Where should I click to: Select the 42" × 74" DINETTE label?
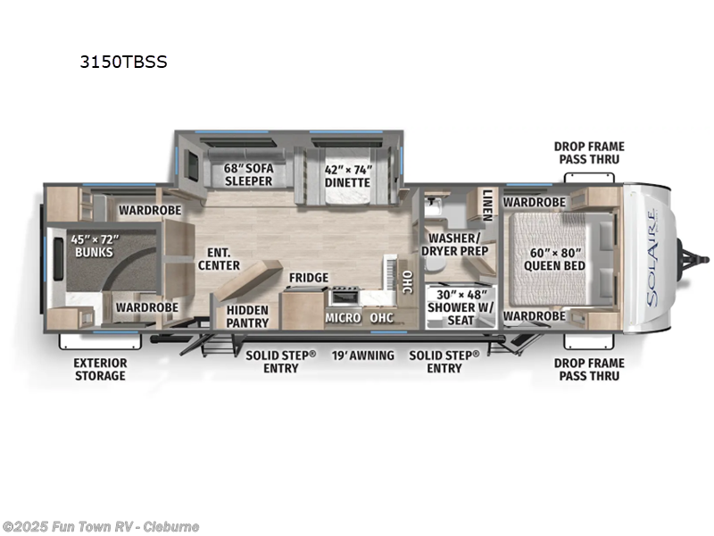tap(346, 174)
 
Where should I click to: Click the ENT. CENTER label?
tap(219, 258)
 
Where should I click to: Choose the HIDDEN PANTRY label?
tap(247, 316)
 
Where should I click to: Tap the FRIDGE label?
tap(308, 278)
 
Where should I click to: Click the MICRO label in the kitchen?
tap(343, 317)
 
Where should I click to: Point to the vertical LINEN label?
tap(487, 205)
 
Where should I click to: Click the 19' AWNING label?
tap(363, 356)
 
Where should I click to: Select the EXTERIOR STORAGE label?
tap(100, 369)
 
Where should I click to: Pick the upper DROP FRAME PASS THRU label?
tap(589, 153)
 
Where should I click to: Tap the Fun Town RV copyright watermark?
tap(101, 527)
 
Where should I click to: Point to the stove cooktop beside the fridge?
tap(345, 296)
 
